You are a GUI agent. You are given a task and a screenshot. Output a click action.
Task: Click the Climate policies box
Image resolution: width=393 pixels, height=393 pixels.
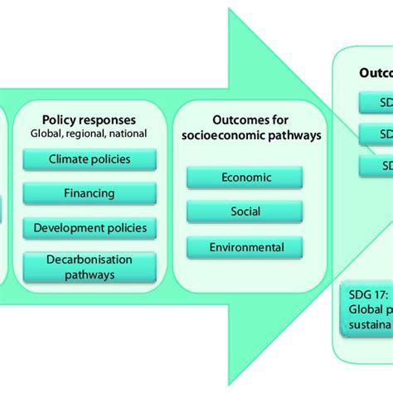[90, 158]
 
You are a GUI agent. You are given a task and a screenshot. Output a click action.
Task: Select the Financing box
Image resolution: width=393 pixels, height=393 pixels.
[90, 192]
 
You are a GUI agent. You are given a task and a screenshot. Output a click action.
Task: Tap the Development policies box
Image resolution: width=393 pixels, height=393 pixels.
[90, 227]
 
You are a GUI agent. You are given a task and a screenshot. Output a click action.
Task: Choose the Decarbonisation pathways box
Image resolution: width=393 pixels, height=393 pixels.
[90, 267]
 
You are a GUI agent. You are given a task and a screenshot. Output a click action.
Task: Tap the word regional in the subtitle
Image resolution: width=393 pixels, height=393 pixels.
[89, 132]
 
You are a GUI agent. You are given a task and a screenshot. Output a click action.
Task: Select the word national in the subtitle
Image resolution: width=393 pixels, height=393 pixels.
[129, 132]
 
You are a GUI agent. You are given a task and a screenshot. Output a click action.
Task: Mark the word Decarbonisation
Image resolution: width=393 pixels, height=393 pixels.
[90, 260]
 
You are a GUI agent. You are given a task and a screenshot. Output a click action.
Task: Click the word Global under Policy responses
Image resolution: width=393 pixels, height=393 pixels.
[47, 132]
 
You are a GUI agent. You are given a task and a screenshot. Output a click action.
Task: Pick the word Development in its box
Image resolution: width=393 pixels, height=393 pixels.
[71, 227]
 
